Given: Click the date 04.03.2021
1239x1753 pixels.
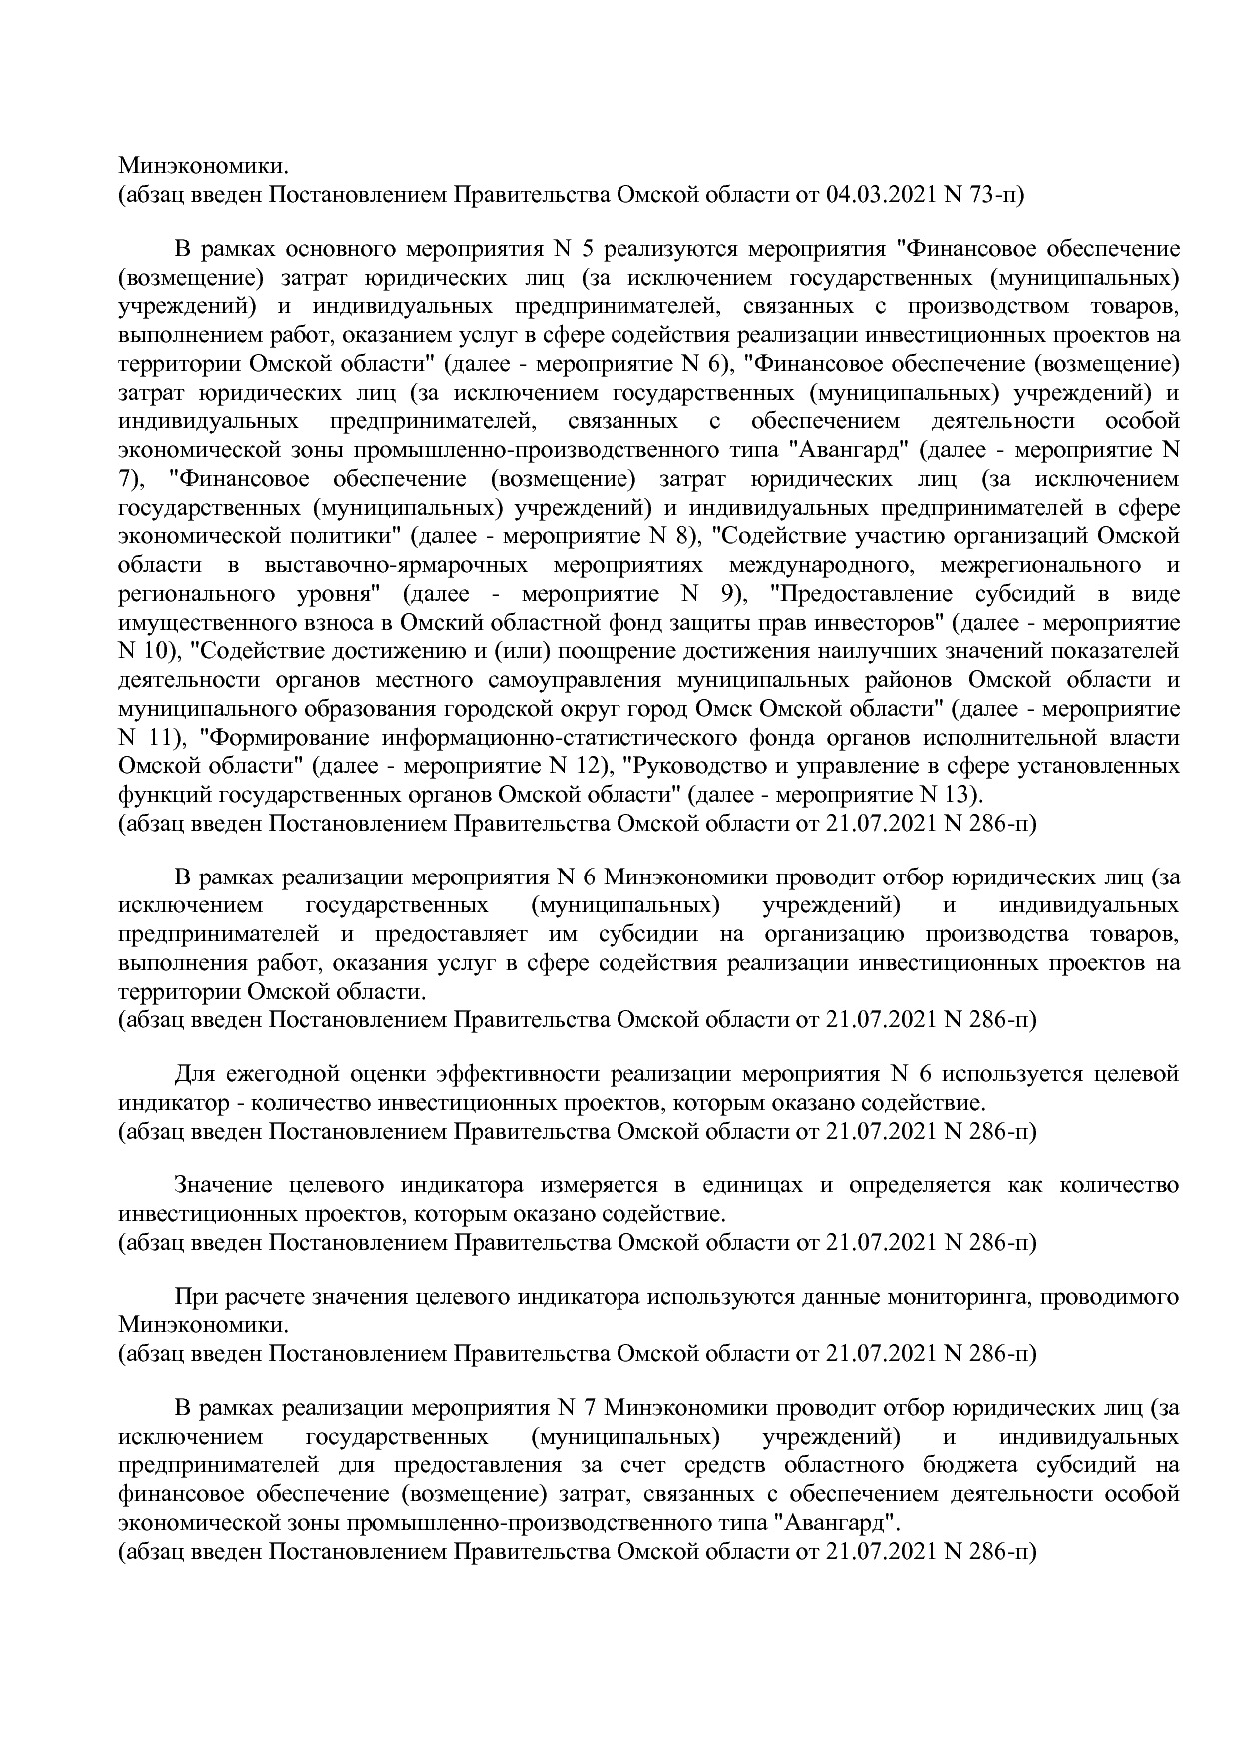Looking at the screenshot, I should coord(885,194).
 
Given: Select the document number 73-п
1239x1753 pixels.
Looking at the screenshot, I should coord(997,194).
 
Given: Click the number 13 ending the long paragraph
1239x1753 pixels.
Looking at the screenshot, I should coord(963,796).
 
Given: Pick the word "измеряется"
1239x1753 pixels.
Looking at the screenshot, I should coord(600,1185).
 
